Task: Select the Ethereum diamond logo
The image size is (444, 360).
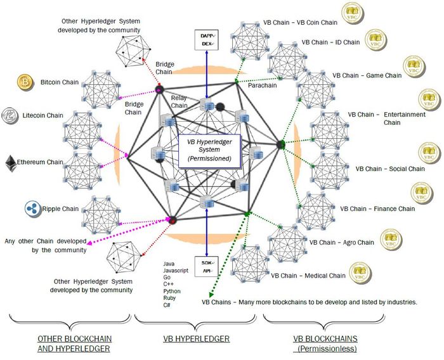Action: tap(11, 162)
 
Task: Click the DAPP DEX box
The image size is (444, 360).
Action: tap(205, 41)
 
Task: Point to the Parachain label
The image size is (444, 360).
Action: tap(262, 83)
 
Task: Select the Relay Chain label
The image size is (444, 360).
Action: tap(179, 101)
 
